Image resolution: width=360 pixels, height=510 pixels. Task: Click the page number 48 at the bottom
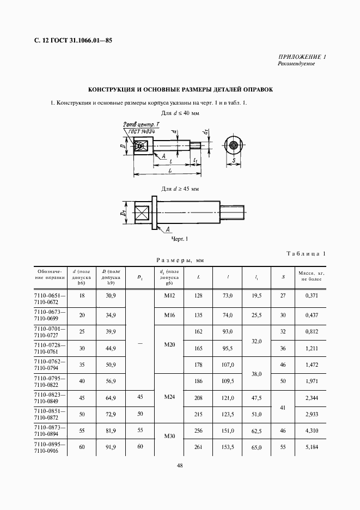[179, 465]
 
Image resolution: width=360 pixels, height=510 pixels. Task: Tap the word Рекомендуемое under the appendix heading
[296, 64]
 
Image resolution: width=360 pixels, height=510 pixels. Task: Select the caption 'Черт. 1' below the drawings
[179, 239]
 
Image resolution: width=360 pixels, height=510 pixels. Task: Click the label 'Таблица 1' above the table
[306, 253]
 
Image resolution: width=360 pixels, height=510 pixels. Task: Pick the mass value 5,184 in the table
[312, 448]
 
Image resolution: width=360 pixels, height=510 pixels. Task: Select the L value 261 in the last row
[198, 448]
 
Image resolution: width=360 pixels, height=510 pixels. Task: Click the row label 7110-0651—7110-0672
[50, 297]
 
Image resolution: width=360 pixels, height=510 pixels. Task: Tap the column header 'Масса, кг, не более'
[312, 276]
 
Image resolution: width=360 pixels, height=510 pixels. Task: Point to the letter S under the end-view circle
[234, 161]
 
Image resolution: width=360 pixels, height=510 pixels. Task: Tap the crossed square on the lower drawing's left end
[141, 212]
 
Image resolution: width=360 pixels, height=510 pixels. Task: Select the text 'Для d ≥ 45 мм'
[180, 189]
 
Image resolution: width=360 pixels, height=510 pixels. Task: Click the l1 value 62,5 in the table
[257, 431]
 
